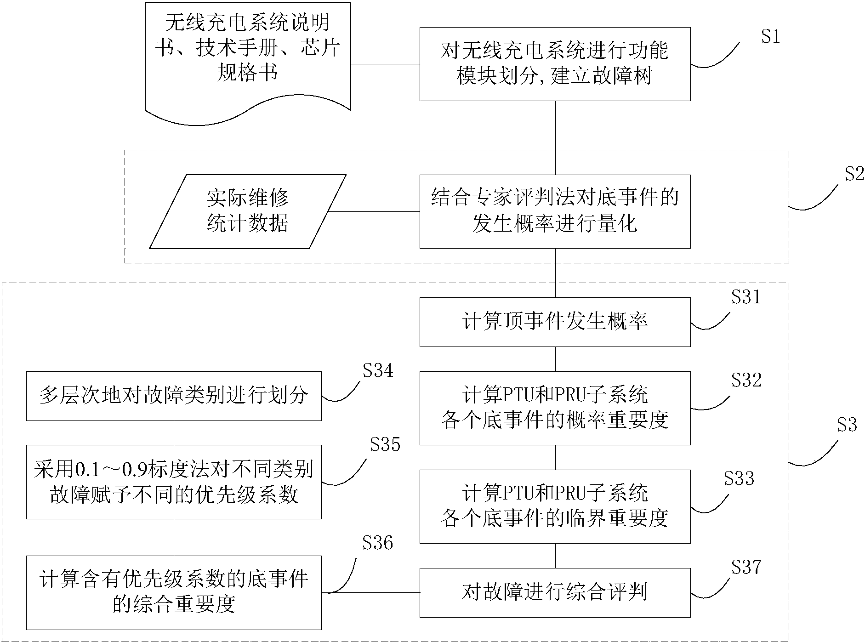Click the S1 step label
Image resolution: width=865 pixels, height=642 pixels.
click(x=770, y=36)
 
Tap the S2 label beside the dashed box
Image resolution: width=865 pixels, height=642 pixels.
click(x=854, y=174)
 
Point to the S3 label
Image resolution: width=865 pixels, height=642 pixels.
click(x=847, y=425)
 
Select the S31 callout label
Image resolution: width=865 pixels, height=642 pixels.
click(x=746, y=297)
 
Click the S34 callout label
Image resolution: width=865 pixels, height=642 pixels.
click(x=378, y=370)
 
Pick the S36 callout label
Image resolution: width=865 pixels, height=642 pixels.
click(x=377, y=543)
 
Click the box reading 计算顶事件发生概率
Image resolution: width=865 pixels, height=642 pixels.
click(x=554, y=322)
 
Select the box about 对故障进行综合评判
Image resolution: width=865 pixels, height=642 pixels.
click(x=554, y=592)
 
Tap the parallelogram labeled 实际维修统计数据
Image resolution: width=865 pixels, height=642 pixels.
click(x=247, y=211)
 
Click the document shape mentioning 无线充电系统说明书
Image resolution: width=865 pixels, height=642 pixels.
click(x=247, y=60)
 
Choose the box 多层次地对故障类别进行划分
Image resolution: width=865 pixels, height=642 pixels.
click(x=173, y=396)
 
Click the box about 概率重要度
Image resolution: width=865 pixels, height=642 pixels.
click(x=554, y=408)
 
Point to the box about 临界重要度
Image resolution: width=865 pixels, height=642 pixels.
click(x=554, y=506)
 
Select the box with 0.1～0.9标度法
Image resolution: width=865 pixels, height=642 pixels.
click(x=173, y=482)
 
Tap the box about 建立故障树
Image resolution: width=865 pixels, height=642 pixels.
click(x=554, y=64)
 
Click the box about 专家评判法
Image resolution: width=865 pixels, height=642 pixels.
click(x=554, y=211)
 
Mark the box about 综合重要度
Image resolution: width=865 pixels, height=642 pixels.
click(x=173, y=592)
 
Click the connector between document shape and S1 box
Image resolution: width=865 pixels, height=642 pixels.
click(x=385, y=64)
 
